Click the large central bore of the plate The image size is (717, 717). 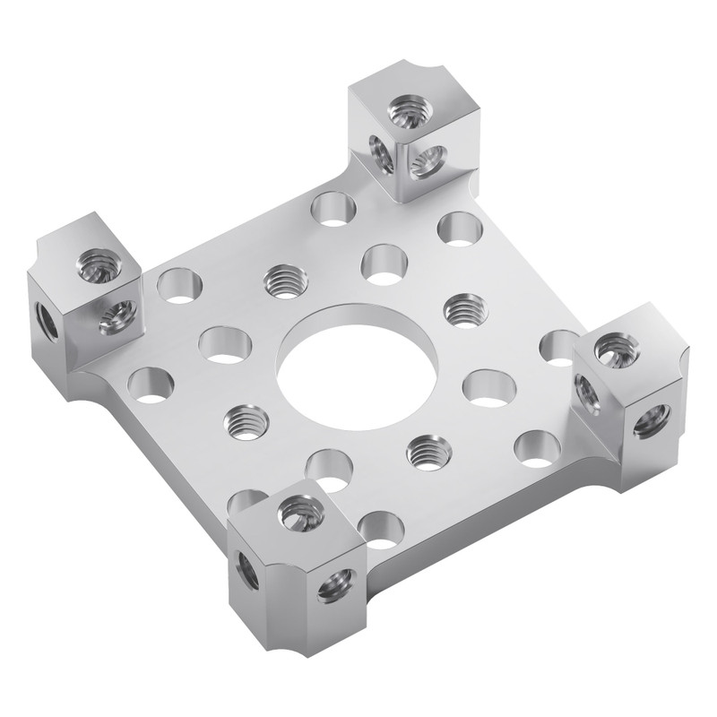pyautogui.click(x=357, y=368)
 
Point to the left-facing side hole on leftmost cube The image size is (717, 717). pyautogui.click(x=48, y=321)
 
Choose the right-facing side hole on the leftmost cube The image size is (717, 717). pyautogui.click(x=116, y=315)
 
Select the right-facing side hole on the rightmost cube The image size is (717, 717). pyautogui.click(x=652, y=419)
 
